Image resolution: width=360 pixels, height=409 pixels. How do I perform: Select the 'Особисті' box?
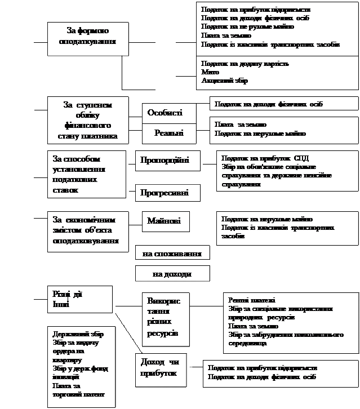click(x=165, y=113)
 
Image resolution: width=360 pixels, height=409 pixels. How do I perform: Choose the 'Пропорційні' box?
click(x=165, y=160)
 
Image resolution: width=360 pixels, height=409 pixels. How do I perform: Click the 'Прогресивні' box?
click(x=168, y=193)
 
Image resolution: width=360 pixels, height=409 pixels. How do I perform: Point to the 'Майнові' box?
click(x=165, y=221)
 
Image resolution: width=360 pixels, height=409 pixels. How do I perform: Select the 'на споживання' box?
click(x=172, y=254)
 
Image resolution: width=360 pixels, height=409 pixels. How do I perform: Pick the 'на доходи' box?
click(x=172, y=274)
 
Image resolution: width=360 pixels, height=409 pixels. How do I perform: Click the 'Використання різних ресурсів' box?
click(x=163, y=317)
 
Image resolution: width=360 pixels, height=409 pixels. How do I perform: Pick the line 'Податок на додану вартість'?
click(x=245, y=64)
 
